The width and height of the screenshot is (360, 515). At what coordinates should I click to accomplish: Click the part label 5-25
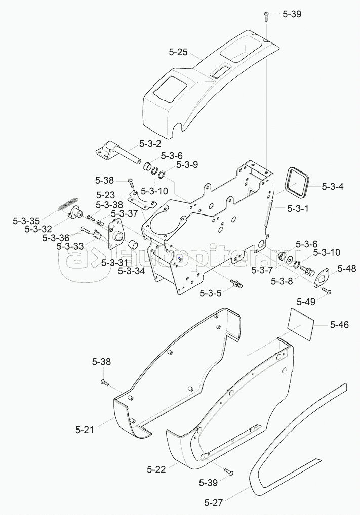[178, 52]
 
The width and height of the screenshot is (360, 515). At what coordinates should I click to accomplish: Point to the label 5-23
[106, 195]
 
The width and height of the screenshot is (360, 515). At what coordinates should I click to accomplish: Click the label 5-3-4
[333, 187]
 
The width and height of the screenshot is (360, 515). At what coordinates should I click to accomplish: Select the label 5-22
[156, 469]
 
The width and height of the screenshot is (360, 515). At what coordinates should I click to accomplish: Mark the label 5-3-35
[26, 221]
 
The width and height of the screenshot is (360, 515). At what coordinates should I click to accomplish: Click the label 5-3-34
[131, 271]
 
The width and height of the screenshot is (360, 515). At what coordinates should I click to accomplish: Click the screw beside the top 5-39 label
[266, 17]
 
